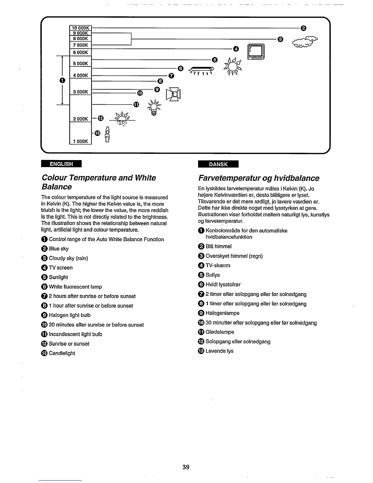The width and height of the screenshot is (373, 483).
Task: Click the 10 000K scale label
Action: point(80,27)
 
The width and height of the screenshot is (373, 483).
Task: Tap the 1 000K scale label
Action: point(80,141)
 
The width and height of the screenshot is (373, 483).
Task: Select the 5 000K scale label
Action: point(80,63)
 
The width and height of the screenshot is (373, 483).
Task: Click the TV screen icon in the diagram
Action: point(256,52)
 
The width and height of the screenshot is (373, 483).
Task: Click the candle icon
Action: point(107,134)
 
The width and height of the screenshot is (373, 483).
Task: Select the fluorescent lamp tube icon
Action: point(202,69)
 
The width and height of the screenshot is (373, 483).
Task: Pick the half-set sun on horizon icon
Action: point(122,119)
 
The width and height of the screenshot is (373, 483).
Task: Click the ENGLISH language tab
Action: point(62,164)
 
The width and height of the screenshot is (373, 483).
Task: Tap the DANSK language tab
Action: point(218,164)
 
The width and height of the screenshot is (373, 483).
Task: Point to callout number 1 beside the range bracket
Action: point(62,80)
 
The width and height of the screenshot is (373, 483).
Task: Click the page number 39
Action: point(186,467)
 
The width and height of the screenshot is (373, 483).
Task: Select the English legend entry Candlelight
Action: point(62,353)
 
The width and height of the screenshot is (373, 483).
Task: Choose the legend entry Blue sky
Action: point(59,249)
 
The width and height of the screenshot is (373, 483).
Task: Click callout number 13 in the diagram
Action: point(97,133)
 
